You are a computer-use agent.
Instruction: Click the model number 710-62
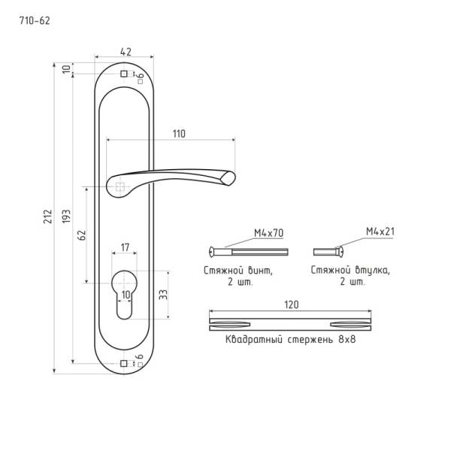pos(35,21)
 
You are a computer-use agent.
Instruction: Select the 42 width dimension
pos(126,52)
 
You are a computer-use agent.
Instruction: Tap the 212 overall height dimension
pos(48,216)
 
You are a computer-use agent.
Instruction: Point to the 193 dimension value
pos(66,216)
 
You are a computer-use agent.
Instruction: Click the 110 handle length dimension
pos(179,134)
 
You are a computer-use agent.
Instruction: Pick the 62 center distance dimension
pos(82,235)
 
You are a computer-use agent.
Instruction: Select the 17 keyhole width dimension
pos(125,247)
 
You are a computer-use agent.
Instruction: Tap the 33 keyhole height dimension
pos(163,294)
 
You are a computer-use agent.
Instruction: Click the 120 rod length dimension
pos(292,304)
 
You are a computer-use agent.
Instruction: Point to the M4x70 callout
pos(268,233)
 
